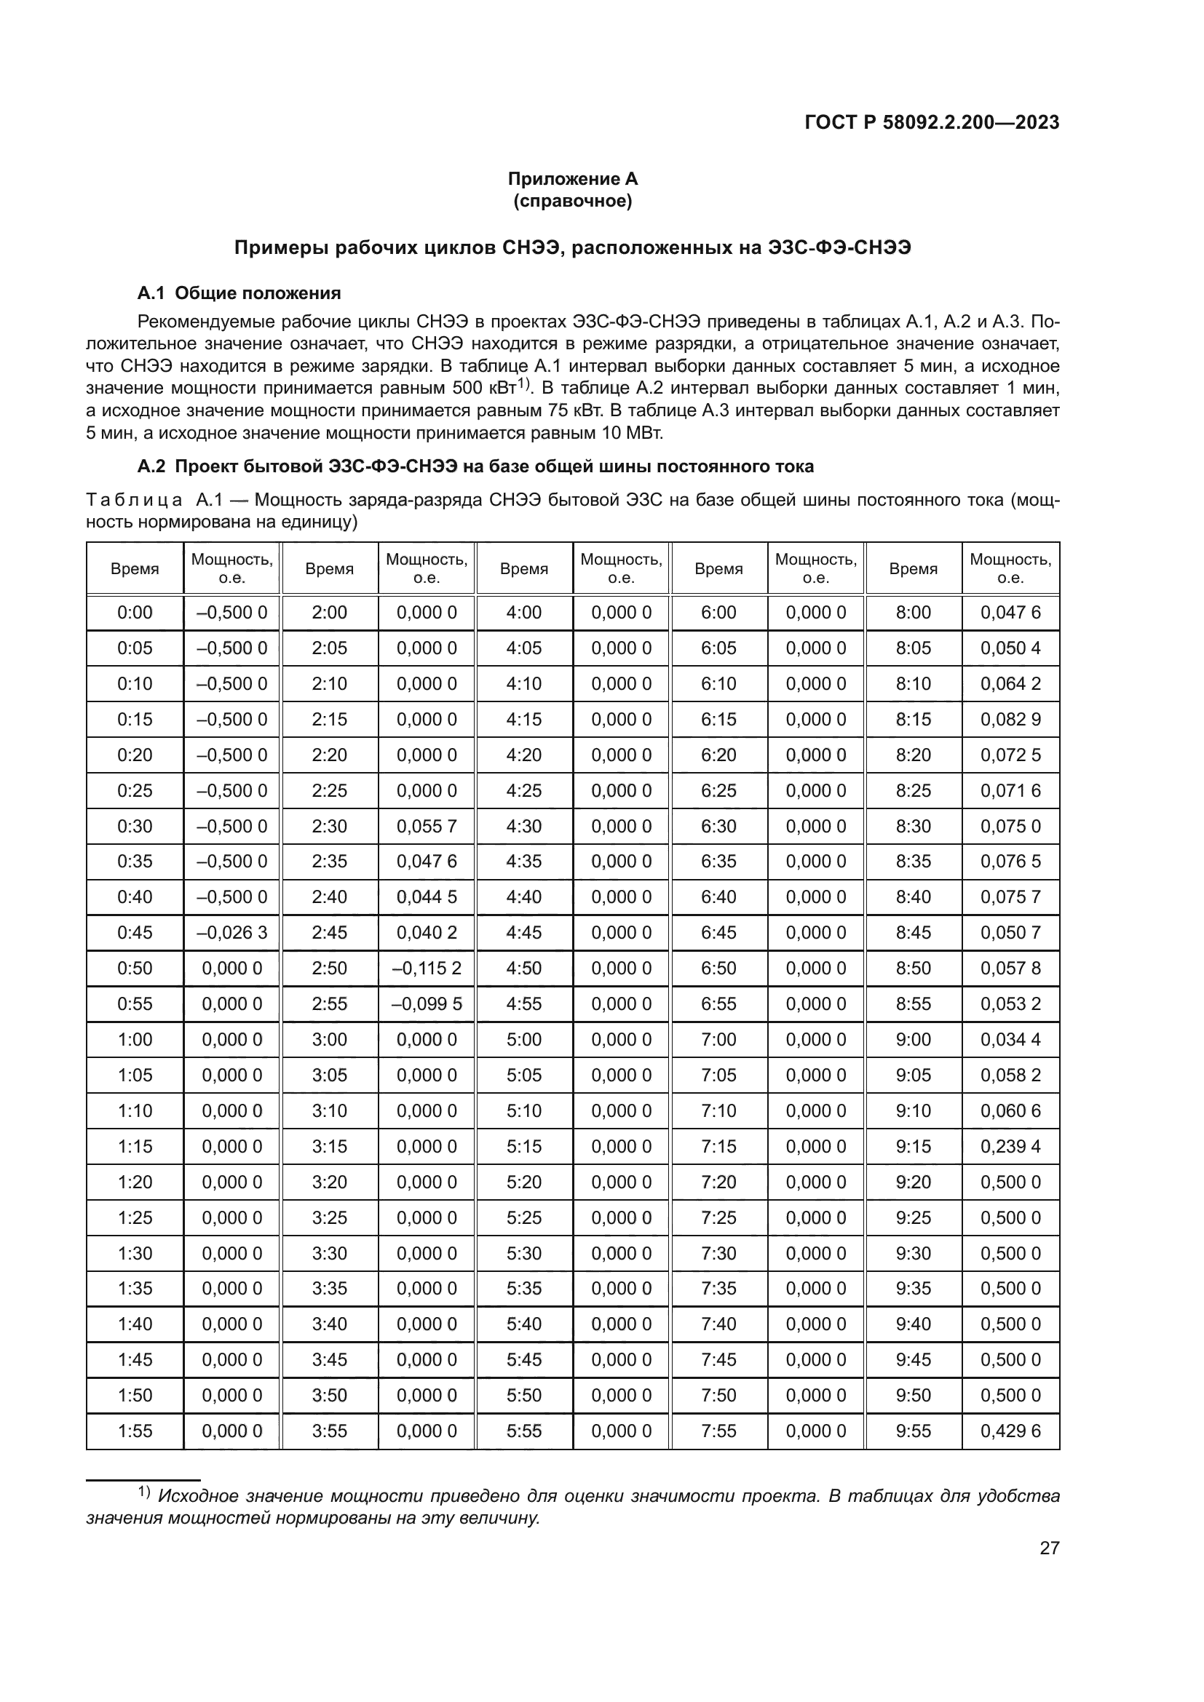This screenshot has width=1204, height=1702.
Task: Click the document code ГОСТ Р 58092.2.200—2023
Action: pos(931,123)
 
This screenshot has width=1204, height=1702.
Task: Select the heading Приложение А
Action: pos(572,179)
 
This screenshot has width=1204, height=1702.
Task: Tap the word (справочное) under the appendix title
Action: pos(572,201)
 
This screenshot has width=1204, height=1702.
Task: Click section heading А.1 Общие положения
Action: pos(239,293)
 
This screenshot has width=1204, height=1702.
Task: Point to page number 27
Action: pos(1049,1548)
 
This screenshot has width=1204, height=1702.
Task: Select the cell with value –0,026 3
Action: pos(231,933)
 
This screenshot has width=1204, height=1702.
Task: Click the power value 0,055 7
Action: pos(427,826)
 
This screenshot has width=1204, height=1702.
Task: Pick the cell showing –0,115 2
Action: pos(427,968)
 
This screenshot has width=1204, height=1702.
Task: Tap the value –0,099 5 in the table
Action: pos(427,1003)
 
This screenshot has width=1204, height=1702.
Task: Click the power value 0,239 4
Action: pos(1010,1146)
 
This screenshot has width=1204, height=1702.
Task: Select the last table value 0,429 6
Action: pos(1010,1431)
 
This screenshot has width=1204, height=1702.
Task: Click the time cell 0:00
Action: pos(135,612)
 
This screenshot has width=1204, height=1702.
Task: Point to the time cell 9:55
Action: pos(914,1431)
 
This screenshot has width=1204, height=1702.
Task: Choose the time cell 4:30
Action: pos(524,826)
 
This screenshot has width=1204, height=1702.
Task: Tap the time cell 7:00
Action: pos(718,1039)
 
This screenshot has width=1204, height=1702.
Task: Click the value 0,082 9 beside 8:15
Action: pos(1010,719)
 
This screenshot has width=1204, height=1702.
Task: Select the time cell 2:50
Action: pos(329,968)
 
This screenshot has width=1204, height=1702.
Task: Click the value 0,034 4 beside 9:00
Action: pos(1010,1039)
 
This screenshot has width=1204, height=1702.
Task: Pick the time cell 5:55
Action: pos(524,1431)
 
